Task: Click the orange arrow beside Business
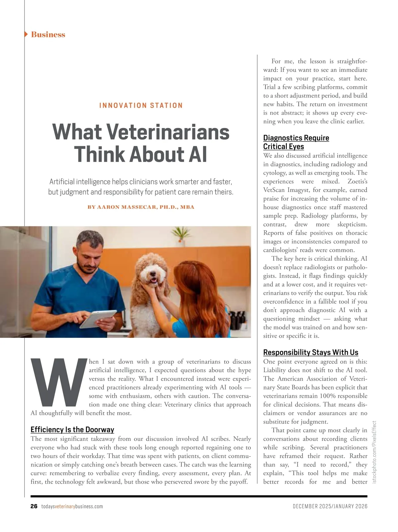[x=26, y=34]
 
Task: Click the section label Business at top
[x=48, y=34]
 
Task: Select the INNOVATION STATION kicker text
[x=141, y=105]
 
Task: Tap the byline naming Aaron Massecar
[x=141, y=207]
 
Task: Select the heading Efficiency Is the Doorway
[x=72, y=430]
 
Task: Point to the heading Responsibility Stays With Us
[x=311, y=352]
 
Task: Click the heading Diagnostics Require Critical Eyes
[x=296, y=142]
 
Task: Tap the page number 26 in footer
[x=34, y=506]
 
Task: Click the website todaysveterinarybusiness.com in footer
[x=72, y=506]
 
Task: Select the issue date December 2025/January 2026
[x=330, y=506]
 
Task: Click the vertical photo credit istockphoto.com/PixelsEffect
[x=374, y=452]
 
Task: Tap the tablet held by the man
[x=98, y=319]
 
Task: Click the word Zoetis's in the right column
[x=357, y=182]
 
